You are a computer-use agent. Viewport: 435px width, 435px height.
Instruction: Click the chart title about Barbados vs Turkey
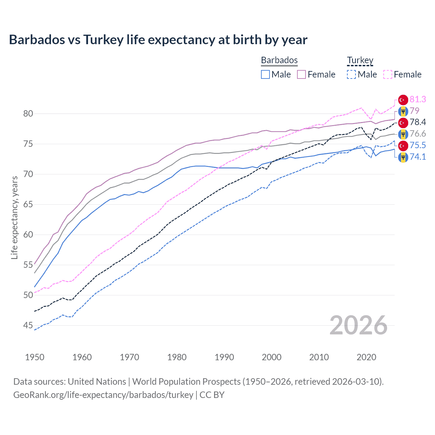coord(158,40)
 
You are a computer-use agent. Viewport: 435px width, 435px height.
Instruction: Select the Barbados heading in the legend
coord(279,60)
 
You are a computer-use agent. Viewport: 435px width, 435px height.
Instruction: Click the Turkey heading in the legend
coord(360,60)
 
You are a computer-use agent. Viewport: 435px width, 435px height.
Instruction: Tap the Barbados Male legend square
coord(265,74)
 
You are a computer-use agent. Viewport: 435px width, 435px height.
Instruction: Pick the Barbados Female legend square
coord(301,74)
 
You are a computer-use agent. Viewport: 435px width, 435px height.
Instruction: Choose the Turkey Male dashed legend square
coord(351,74)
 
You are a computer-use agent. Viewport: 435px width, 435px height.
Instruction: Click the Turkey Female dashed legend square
coord(388,74)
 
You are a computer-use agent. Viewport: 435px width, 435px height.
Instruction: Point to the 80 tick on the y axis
coord(28,114)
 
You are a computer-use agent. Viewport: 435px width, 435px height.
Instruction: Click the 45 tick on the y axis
coord(28,325)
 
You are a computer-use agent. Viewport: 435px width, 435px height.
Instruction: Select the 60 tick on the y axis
coord(28,234)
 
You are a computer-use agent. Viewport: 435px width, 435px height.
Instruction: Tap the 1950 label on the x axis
coord(35,357)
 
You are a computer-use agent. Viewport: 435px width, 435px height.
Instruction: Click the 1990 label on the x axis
coord(224,357)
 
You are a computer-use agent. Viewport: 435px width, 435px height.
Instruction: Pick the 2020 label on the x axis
coord(366,357)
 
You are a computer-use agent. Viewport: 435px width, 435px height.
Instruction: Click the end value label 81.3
coord(418,99)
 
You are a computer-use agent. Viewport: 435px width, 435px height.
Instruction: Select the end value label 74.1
coord(418,157)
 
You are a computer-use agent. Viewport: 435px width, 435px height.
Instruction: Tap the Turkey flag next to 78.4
coord(403,122)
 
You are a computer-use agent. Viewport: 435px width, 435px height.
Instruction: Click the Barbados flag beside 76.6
coord(403,134)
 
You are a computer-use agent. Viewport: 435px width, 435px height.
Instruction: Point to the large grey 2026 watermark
coord(359,325)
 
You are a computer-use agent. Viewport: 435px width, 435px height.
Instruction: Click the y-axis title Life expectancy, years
coord(14,217)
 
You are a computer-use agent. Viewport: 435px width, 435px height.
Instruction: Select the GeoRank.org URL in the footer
coord(103,395)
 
